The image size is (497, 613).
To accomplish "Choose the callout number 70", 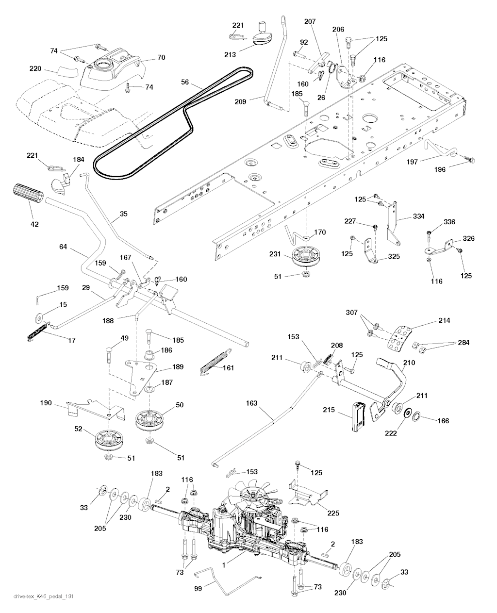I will tap(161, 58).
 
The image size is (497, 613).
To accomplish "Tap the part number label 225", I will tap(333, 513).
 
